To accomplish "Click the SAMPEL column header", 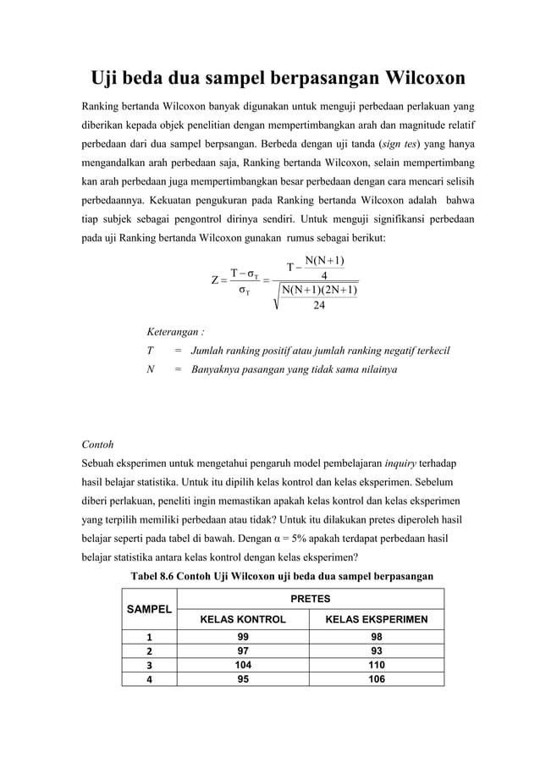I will tap(148, 609).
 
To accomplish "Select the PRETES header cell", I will tap(310, 598).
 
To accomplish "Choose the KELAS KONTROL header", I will tap(242, 619).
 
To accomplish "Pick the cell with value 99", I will tap(242, 635).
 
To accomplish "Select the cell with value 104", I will tap(242, 665).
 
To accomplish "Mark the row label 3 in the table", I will tap(148, 665).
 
